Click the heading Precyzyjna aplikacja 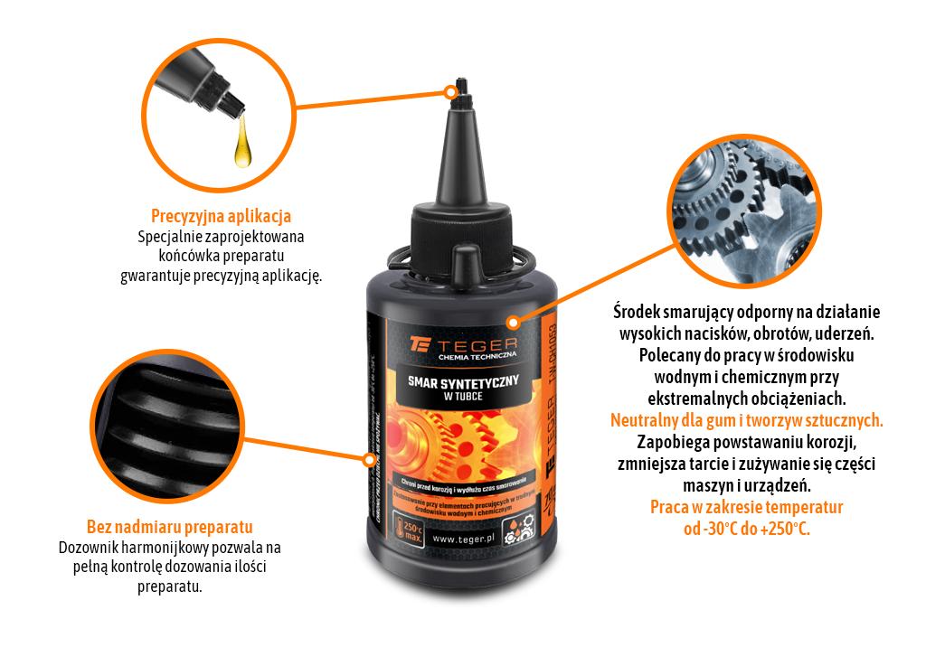(x=221, y=217)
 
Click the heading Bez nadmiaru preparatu (x=169, y=527)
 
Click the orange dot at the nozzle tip (x=450, y=91)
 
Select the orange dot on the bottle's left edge (x=369, y=460)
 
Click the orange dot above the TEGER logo (x=512, y=321)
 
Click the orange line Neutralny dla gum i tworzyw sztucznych (x=747, y=420)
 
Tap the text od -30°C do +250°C (x=747, y=529)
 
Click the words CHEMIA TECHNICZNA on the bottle (x=476, y=358)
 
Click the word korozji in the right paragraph (x=825, y=442)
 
